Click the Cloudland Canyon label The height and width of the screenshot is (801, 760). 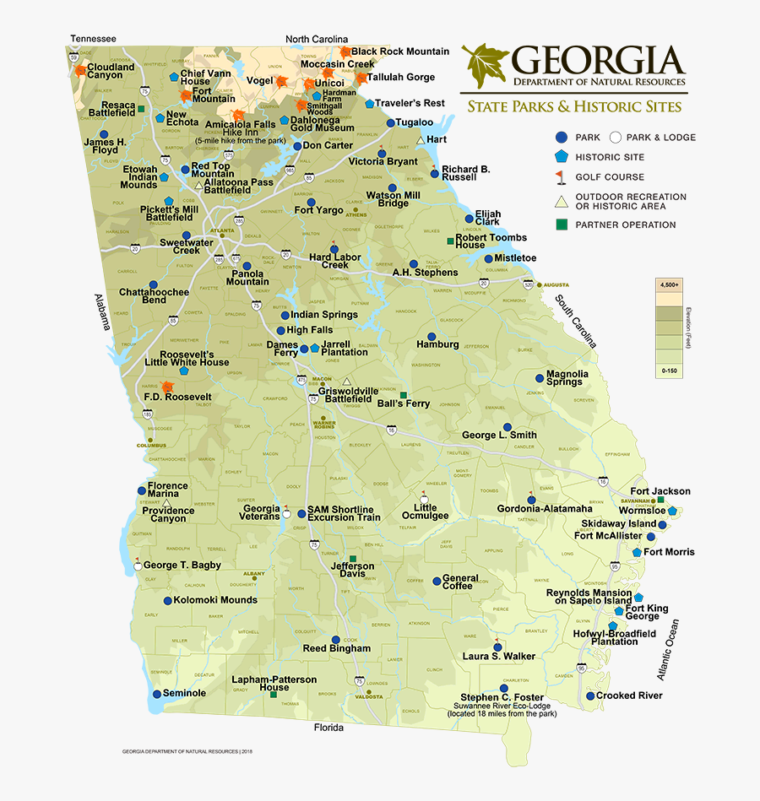pos(111,71)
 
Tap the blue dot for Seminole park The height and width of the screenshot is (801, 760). pos(156,694)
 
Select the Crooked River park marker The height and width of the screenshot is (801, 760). pos(589,696)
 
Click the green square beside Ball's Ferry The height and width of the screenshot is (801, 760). pos(404,395)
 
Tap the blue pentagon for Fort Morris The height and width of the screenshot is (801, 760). pos(637,552)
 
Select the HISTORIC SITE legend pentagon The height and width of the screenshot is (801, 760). pos(562,157)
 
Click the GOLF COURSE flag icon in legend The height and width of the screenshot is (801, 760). pos(562,177)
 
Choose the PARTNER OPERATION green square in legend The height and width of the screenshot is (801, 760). pos(562,225)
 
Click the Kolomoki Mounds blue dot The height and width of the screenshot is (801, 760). pos(167,601)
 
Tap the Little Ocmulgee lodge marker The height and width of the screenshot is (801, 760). pos(424,496)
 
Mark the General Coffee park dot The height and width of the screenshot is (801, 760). pos(436,582)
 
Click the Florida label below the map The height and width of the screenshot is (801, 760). pos(328,728)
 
